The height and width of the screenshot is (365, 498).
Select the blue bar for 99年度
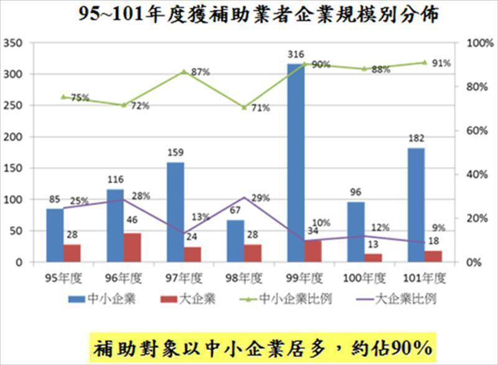296,162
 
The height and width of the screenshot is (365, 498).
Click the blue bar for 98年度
236,240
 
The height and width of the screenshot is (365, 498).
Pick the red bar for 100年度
374,257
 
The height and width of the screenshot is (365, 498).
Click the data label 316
296,55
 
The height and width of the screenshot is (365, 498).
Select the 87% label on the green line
200,72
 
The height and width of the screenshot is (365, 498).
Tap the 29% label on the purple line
260,198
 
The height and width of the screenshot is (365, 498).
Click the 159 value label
176,151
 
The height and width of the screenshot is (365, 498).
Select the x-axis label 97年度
184,277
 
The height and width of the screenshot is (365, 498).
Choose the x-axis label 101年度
425,277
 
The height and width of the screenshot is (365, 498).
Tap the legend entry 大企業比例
405,298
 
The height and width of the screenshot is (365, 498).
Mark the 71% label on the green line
260,108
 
